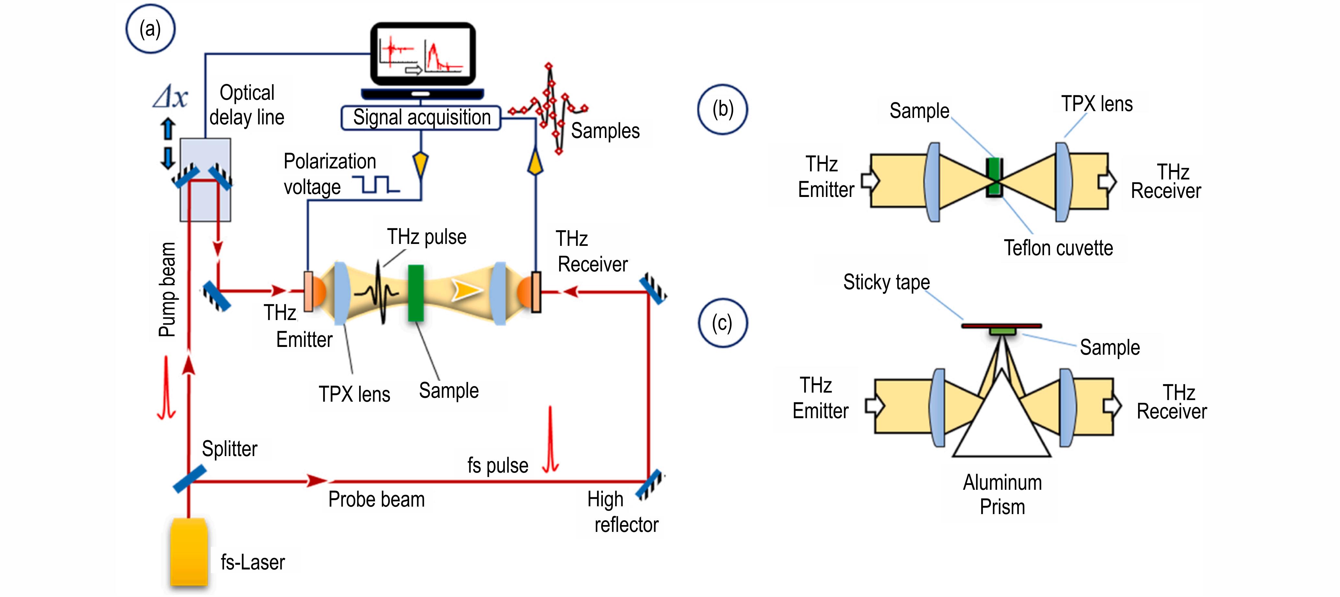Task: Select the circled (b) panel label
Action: (723, 109)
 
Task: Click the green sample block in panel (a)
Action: (416, 293)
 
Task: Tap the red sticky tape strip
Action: (1001, 326)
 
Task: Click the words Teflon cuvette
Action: (1058, 248)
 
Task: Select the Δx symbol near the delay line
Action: (170, 97)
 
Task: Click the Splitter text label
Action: (229, 449)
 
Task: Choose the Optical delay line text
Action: (247, 105)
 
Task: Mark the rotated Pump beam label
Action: (168, 289)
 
